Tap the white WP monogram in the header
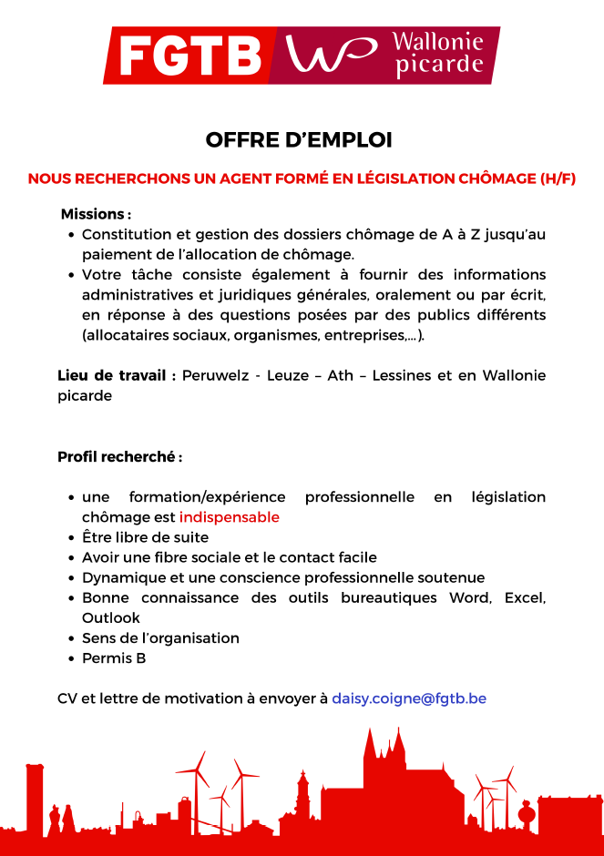point(332,55)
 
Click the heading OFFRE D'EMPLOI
point(299,140)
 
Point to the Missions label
point(95,214)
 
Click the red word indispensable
point(229,517)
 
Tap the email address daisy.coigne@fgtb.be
point(409,698)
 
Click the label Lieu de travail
point(116,376)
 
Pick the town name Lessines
point(401,376)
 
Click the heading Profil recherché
point(118,456)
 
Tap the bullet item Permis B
point(114,657)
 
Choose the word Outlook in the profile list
point(111,617)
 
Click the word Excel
point(524,597)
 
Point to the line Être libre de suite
point(145,537)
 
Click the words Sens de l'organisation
point(160,637)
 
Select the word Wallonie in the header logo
point(436,42)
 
